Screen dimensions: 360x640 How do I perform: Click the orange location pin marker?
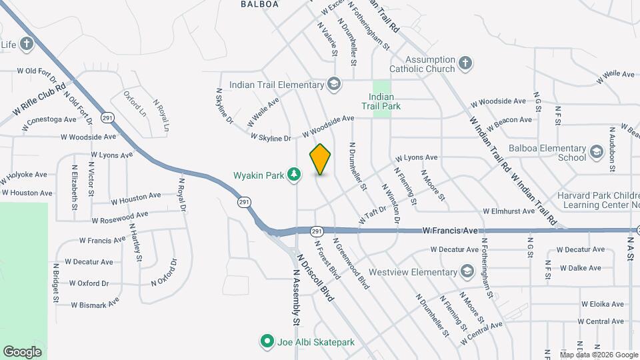click(320, 159)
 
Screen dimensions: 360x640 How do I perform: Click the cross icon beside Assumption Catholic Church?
click(465, 63)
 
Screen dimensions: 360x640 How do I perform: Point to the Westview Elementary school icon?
click(467, 271)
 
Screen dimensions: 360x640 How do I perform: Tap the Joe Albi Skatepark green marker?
click(267, 342)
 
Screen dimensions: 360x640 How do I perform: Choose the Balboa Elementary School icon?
click(597, 153)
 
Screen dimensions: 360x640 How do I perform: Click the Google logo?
click(22, 351)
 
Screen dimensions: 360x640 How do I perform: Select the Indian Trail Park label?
click(381, 100)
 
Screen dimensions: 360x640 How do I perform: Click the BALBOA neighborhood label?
click(259, 4)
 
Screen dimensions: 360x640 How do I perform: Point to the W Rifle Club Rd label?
click(39, 97)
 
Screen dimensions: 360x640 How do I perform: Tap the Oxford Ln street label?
click(134, 105)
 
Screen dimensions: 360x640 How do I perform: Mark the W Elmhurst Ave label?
click(509, 211)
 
